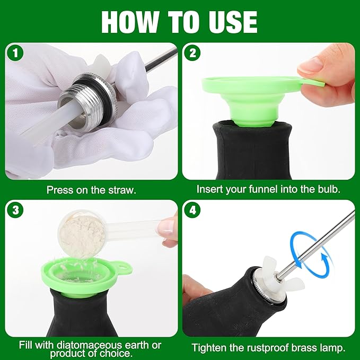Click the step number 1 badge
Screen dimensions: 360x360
(x=14, y=53)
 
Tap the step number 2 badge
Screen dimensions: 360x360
(x=192, y=53)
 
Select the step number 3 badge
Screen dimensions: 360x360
(x=14, y=210)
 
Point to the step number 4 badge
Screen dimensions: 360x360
(x=192, y=210)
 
